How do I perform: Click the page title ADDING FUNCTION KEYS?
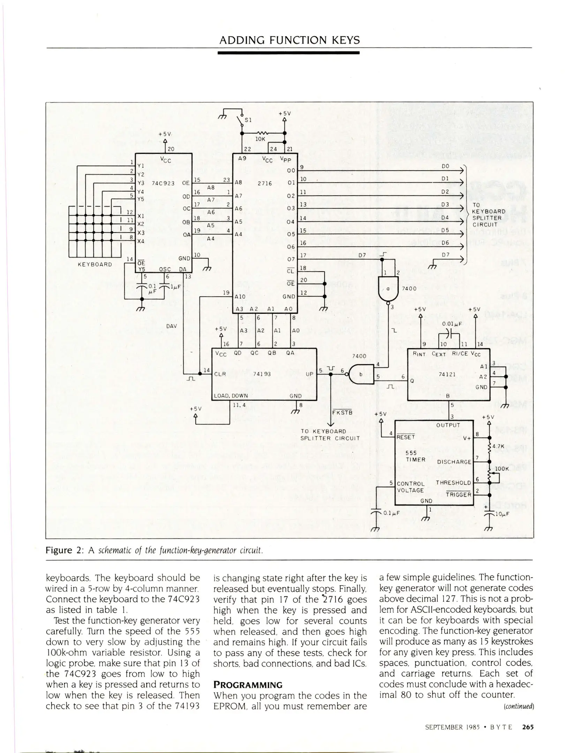[289, 40]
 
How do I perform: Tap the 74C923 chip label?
[163, 183]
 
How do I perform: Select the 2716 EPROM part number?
[265, 183]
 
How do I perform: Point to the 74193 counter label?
[262, 374]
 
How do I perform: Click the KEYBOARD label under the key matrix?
[95, 264]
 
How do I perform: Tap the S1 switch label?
[248, 120]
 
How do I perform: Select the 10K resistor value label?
[260, 139]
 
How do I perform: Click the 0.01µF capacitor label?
[452, 324]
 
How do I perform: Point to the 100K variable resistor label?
[502, 469]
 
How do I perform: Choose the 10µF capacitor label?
[502, 514]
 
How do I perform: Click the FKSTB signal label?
[342, 413]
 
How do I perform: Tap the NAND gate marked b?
[361, 374]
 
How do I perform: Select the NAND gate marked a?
[387, 289]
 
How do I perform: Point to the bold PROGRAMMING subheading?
[248, 685]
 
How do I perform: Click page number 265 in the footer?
[528, 727]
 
